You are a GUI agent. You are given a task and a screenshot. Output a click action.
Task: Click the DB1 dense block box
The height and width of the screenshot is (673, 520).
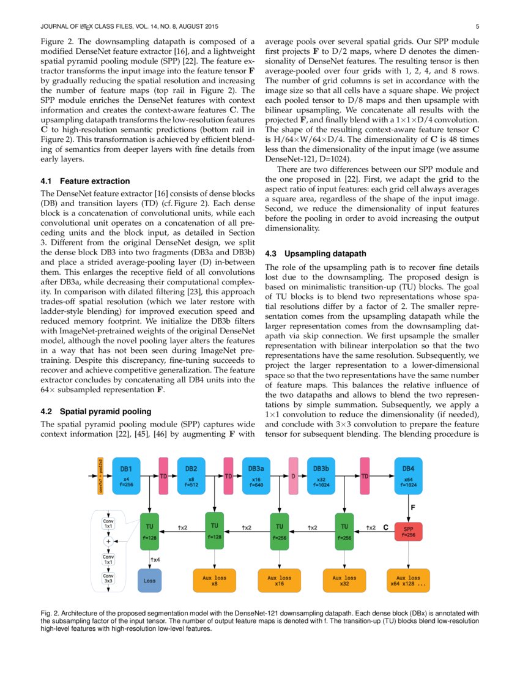click(126, 475)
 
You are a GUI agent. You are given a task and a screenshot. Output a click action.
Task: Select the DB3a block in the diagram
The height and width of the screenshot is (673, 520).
click(256, 475)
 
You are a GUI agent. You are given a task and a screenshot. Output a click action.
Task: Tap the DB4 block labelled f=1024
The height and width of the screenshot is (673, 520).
click(409, 475)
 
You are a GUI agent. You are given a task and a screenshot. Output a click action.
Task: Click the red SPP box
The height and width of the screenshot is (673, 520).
click(409, 529)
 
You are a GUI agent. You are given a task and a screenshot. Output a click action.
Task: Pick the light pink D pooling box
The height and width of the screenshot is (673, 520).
click(294, 475)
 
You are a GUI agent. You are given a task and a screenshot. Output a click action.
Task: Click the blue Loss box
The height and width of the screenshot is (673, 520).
click(149, 579)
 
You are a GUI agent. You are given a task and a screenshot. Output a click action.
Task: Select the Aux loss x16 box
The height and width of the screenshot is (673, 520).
click(279, 579)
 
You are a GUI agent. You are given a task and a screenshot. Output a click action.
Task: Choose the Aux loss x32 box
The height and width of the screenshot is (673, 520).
click(344, 579)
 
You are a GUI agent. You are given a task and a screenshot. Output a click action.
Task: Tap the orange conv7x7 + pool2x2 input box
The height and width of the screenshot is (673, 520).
click(101, 475)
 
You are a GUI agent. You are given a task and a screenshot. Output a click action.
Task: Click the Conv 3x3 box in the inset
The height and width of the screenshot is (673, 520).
click(108, 578)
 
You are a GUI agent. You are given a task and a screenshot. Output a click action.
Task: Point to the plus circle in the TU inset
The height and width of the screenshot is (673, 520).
click(108, 541)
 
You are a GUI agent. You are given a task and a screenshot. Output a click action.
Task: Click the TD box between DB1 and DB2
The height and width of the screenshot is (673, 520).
click(163, 475)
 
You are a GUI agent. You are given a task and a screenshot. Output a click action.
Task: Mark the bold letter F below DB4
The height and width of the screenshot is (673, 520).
click(412, 507)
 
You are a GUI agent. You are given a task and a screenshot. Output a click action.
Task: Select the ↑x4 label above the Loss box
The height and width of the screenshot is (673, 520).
click(155, 559)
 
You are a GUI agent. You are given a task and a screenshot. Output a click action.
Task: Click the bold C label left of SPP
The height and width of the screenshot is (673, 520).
click(385, 526)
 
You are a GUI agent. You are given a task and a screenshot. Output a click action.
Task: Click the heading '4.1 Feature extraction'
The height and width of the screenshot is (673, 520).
click(85, 181)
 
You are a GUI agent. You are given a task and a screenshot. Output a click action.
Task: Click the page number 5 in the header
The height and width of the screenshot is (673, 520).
click(477, 26)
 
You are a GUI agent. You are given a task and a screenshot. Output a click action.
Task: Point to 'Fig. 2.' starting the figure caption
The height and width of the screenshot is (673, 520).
click(50, 612)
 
